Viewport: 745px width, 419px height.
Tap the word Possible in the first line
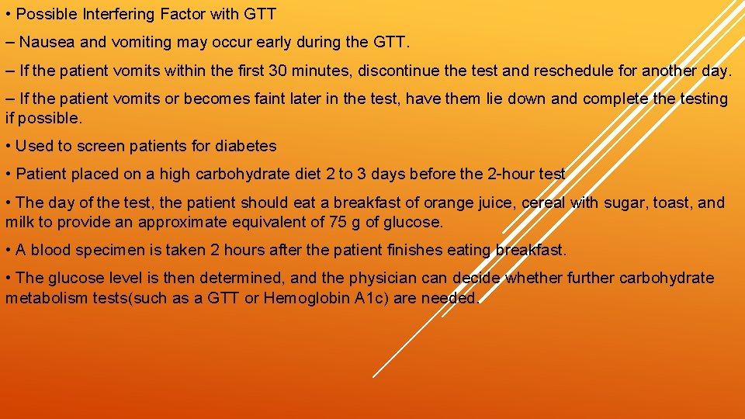point(43,14)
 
